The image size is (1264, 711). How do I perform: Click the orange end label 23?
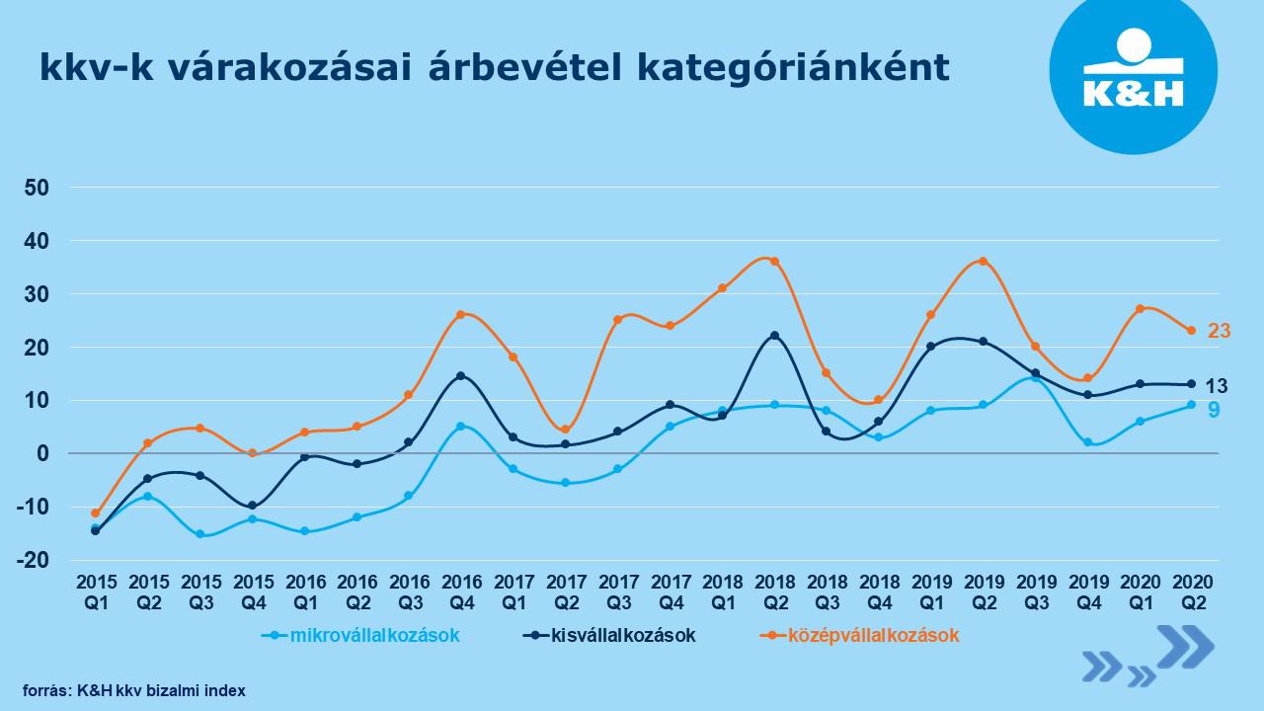tap(1219, 331)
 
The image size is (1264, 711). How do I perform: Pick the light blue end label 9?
tap(1213, 409)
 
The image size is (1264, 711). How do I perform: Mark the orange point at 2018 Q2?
tap(774, 262)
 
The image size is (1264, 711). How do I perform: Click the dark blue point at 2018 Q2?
tap(774, 336)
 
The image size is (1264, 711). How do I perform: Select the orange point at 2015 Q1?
tap(96, 513)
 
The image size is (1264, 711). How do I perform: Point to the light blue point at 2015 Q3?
tap(200, 534)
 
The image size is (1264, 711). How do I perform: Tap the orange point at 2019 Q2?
tap(983, 262)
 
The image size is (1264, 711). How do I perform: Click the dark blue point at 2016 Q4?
tap(460, 376)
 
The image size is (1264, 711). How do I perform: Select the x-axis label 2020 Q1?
tap(1140, 590)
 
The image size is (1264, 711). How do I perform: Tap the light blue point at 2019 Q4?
tap(1087, 442)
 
